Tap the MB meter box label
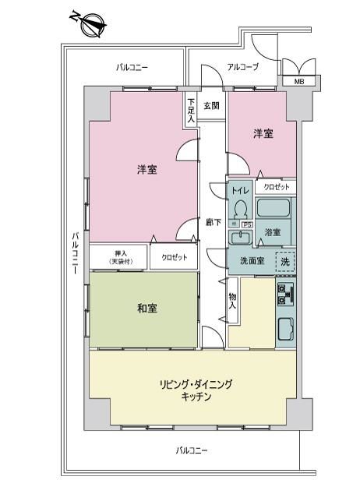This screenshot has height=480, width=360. point(298,82)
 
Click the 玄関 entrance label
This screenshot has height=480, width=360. point(211,106)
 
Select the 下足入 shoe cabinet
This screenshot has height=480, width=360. point(191,110)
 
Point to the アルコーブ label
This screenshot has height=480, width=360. point(243,67)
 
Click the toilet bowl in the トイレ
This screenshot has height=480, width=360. point(240,209)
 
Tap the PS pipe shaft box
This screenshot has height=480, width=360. point(247,224)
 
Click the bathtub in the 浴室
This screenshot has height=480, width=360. point(274,207)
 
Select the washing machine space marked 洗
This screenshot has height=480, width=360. point(285,262)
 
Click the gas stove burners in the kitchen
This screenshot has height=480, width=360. point(286,295)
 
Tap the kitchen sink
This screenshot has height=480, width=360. point(285,330)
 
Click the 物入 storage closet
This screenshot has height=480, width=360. point(232,301)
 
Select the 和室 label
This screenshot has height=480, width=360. point(147,308)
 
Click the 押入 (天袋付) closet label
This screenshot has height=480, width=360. point(121,257)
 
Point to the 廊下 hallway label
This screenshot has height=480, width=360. point(214,222)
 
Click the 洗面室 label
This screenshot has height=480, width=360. point(252,261)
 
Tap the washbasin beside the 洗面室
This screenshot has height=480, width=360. point(240,238)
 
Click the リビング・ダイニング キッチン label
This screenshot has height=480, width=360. point(196,390)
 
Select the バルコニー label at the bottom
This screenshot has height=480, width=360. point(192,450)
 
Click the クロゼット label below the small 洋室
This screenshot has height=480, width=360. point(277,187)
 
